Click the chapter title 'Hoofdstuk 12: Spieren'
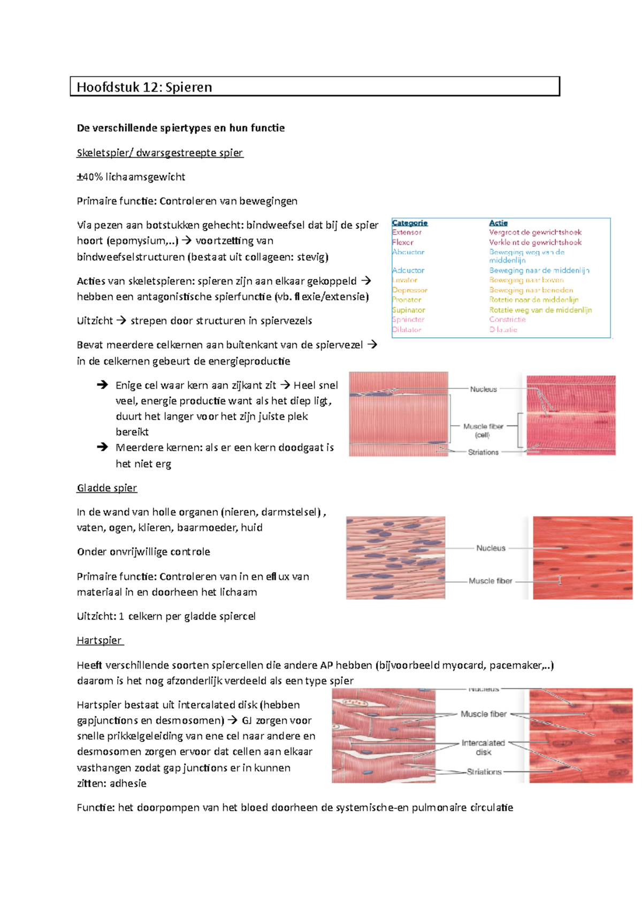pos(144,87)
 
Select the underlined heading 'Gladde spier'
pos(107,488)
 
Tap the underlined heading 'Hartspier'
pos(100,641)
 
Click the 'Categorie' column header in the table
pos(410,223)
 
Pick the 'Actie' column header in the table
pos(498,223)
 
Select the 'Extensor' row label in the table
pos(407,232)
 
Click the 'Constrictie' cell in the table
pos(507,320)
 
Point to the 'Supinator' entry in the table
pos(409,310)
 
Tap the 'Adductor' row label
pos(408,271)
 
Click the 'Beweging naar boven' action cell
pos(526,280)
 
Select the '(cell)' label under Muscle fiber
pos(483,435)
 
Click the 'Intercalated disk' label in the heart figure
pos(483,747)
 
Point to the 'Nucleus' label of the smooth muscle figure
pos(491,548)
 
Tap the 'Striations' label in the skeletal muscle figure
pos(483,452)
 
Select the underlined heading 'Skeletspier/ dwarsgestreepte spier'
pos(160,153)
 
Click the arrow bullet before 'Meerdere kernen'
pos(102,447)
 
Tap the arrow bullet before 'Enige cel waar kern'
pos(102,385)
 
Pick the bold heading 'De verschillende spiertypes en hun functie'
pos(181,128)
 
